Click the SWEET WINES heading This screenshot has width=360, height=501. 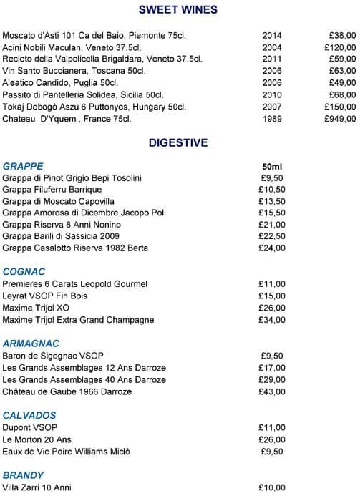tap(178, 10)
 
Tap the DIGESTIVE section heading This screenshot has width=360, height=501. tap(178, 142)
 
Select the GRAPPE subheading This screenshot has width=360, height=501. tap(23, 166)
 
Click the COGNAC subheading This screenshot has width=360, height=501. tap(24, 271)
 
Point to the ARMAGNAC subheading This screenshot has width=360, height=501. tap(31, 344)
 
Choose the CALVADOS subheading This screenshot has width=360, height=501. tap(29, 415)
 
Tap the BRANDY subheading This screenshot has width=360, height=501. tap(24, 475)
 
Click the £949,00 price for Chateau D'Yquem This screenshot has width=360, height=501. tap(339, 119)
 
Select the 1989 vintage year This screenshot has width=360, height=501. tap(272, 119)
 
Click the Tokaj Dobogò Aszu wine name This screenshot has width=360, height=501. tap(94, 107)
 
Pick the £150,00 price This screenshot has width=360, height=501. tap(339, 107)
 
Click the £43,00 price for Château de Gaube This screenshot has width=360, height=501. tap(272, 392)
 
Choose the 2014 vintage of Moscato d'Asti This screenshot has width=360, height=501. tap(272, 35)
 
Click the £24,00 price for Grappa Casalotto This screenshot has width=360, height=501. tap(272, 248)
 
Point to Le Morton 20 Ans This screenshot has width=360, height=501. tap(36, 439)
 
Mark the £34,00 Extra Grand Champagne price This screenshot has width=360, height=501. tap(272, 320)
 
